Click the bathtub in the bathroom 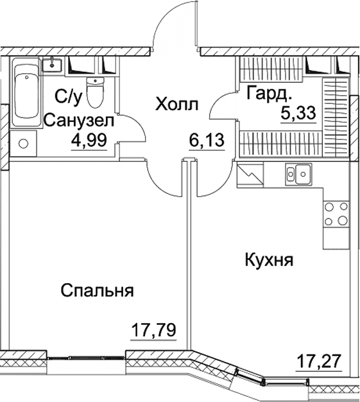coord(28,89)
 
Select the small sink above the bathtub coord(52,64)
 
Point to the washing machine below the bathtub coord(23,144)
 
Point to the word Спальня coord(98,290)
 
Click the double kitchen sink coord(298,173)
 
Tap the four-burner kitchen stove coord(337,214)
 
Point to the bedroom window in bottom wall coord(87,358)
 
